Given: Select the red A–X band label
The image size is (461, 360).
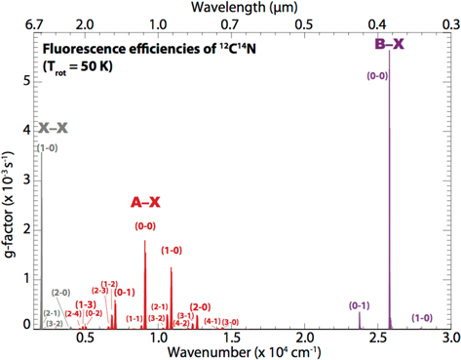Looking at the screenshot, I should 145,203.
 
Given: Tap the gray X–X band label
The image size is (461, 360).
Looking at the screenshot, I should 54,128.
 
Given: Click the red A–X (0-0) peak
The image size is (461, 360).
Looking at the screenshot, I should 145,241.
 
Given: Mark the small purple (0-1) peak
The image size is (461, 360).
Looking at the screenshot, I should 360,312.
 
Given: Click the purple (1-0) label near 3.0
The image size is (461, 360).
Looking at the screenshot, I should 422,317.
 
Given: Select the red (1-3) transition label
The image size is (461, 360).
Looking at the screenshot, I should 86,303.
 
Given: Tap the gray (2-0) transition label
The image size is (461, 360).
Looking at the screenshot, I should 60,292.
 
